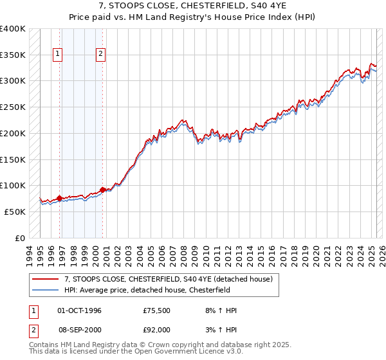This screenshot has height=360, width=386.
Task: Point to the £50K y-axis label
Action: point(15,212)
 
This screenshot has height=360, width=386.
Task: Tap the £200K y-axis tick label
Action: point(13,133)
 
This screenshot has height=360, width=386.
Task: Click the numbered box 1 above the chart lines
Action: point(58,55)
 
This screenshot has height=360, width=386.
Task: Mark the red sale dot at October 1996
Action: point(59,198)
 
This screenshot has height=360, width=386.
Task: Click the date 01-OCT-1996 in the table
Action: point(79,310)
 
